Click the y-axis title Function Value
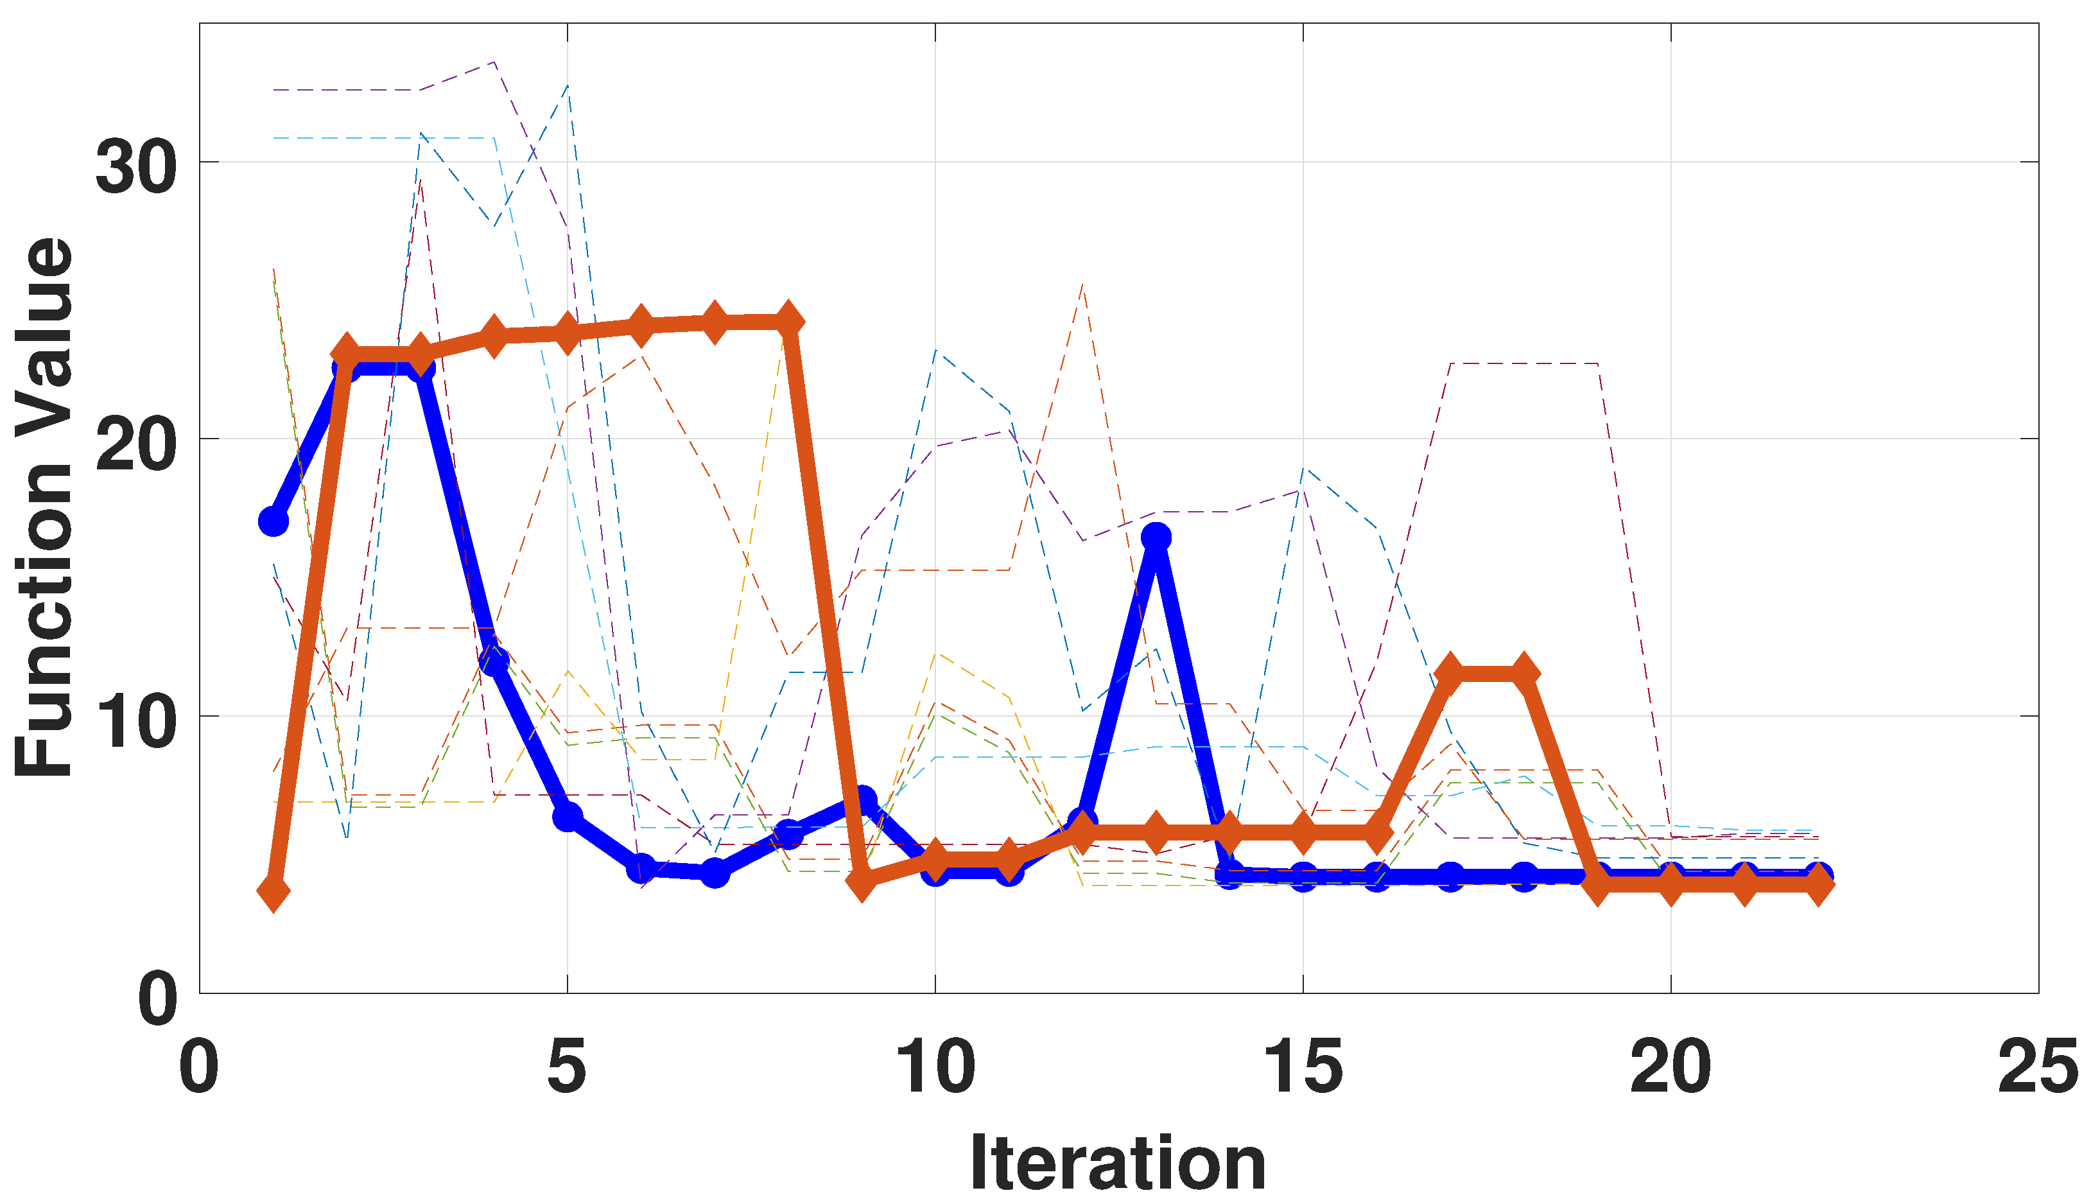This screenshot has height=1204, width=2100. pyautogui.click(x=46, y=508)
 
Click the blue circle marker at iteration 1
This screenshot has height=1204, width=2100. pyautogui.click(x=273, y=521)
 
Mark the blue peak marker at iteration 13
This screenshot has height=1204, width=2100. pyautogui.click(x=1156, y=537)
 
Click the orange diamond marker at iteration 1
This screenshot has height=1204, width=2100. pyautogui.click(x=273, y=891)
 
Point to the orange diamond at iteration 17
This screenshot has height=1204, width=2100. pyautogui.click(x=1450, y=673)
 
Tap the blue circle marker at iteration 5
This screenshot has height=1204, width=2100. pyautogui.click(x=567, y=816)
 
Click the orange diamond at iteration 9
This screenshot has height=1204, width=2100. pyautogui.click(x=862, y=882)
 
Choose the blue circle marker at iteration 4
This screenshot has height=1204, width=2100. pyautogui.click(x=494, y=661)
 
